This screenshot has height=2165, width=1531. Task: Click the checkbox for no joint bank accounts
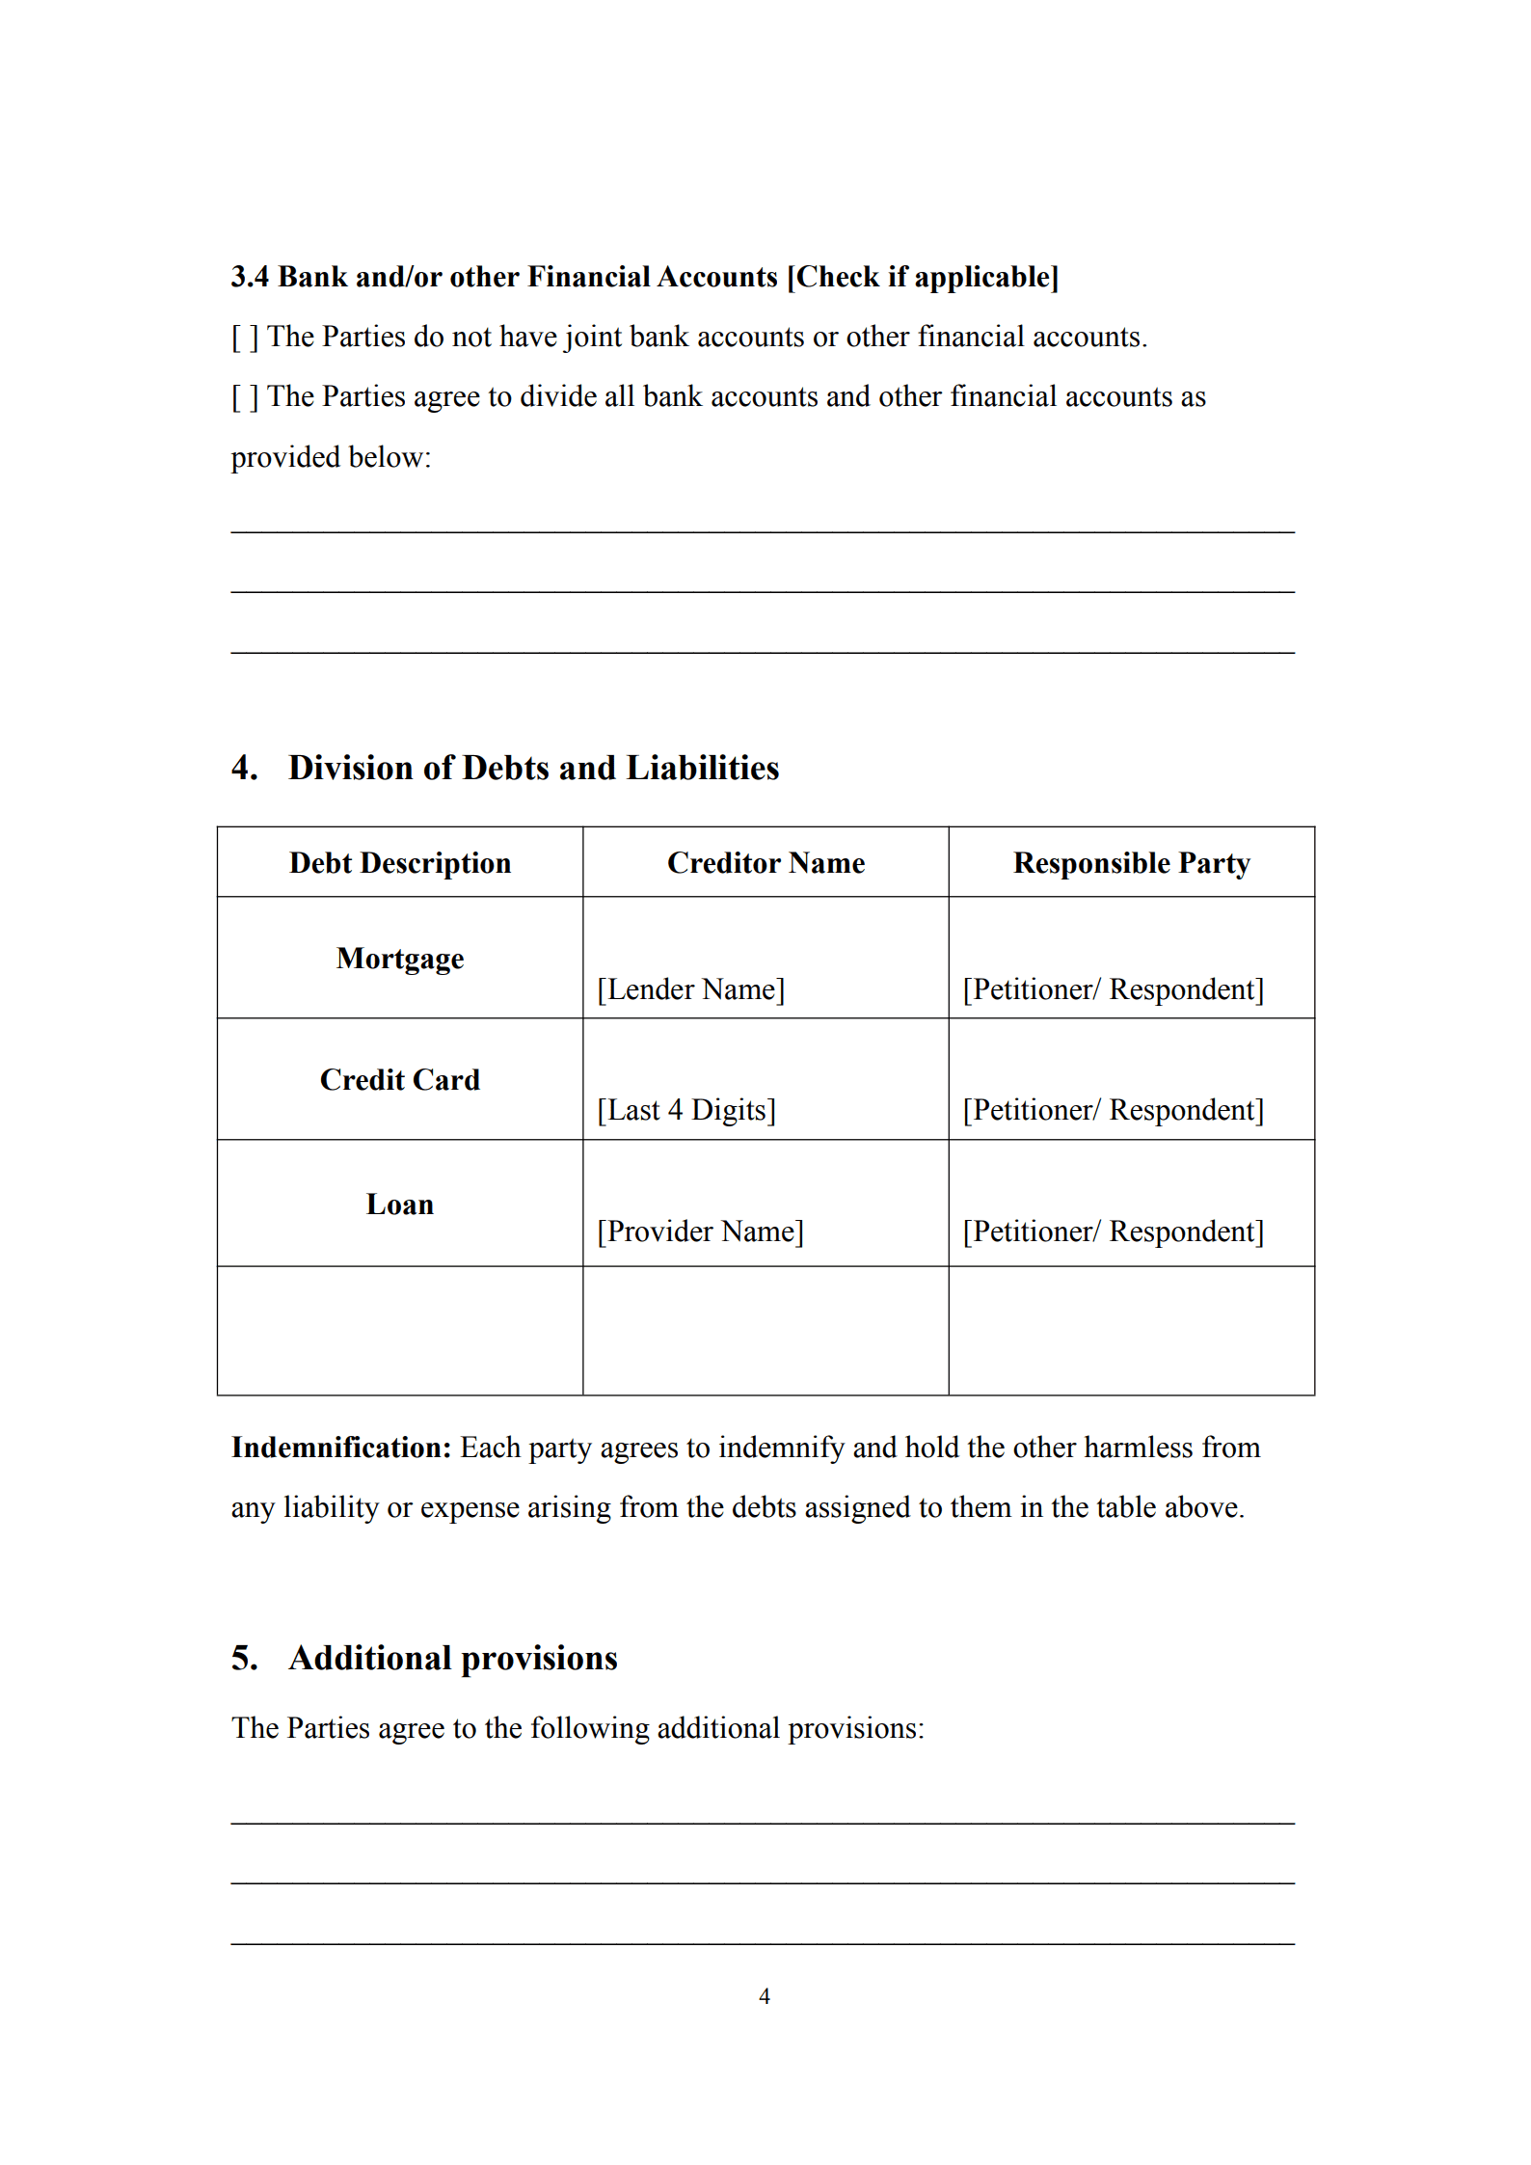pyautogui.click(x=245, y=338)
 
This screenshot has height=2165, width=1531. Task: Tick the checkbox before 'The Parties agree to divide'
pyautogui.click(x=245, y=397)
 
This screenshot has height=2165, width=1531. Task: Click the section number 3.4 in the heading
pyautogui.click(x=250, y=278)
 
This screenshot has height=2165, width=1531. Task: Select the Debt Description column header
pyautogui.click(x=400, y=863)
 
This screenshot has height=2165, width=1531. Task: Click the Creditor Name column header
pyautogui.click(x=765, y=863)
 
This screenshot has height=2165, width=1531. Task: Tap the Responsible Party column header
pyautogui.click(x=1131, y=863)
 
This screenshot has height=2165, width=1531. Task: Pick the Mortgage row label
pyautogui.click(x=400, y=959)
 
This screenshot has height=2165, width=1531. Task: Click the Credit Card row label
pyautogui.click(x=400, y=1080)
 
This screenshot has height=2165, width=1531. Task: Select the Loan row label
pyautogui.click(x=400, y=1204)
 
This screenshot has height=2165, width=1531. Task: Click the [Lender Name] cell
pyautogui.click(x=690, y=989)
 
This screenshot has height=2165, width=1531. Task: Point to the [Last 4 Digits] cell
pyautogui.click(x=685, y=1110)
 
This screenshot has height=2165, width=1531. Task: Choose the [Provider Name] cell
pyautogui.click(x=700, y=1231)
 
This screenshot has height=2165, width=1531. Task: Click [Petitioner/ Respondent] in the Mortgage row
pyautogui.click(x=1113, y=989)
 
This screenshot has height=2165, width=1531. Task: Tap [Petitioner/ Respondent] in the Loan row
pyautogui.click(x=1113, y=1231)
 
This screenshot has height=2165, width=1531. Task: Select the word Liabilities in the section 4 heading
pyautogui.click(x=702, y=768)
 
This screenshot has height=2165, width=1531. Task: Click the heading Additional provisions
pyautogui.click(x=452, y=1658)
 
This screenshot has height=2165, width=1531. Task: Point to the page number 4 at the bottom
pyautogui.click(x=765, y=1996)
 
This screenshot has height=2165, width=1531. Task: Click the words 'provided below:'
pyautogui.click(x=331, y=457)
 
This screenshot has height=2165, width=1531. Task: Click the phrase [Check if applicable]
pyautogui.click(x=923, y=278)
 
